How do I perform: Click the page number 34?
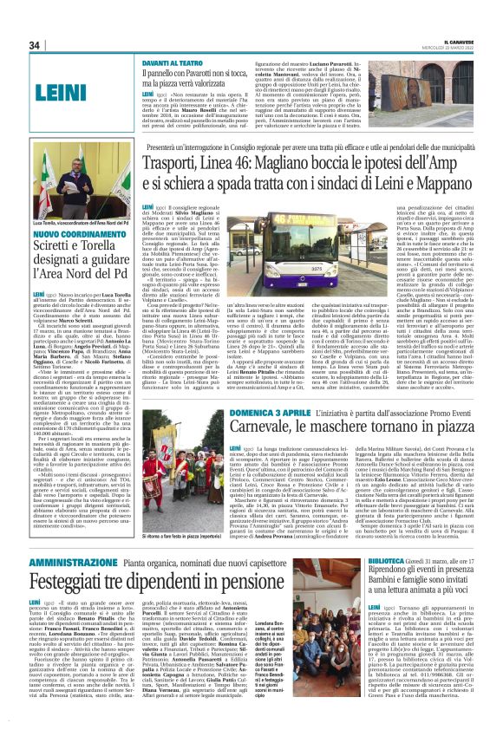pos(35,45)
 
